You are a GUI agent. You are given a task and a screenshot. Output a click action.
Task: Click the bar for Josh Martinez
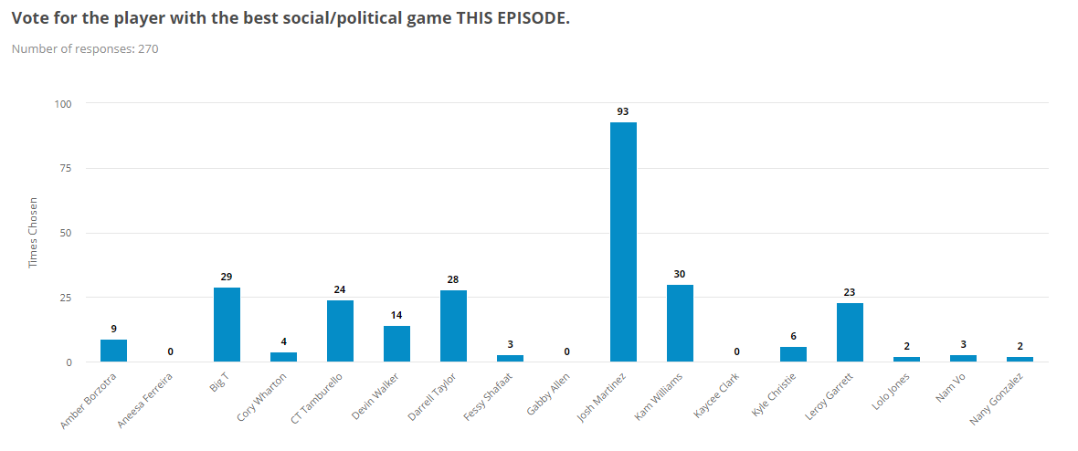(623, 242)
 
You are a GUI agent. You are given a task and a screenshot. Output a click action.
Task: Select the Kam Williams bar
(680, 323)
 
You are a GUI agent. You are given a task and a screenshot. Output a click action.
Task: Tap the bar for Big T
(227, 325)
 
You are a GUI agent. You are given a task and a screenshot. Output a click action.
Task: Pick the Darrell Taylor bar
(453, 326)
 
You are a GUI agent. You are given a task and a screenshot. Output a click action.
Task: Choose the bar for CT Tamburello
(340, 331)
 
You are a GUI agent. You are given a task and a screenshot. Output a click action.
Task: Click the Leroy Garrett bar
(850, 332)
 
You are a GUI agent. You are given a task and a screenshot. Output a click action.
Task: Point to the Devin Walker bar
(396, 344)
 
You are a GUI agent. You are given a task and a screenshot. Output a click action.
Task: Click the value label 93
(623, 111)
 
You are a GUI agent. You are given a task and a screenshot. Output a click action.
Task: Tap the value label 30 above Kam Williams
(680, 274)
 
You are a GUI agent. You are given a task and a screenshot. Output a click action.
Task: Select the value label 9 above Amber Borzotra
(113, 329)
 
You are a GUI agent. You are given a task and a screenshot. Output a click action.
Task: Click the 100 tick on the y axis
(64, 103)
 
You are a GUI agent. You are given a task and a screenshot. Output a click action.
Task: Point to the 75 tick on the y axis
(67, 168)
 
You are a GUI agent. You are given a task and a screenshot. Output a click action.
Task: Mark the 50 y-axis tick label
(67, 233)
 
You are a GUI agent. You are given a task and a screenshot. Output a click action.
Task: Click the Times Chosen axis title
(34, 232)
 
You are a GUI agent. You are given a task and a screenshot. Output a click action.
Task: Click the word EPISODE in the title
(530, 18)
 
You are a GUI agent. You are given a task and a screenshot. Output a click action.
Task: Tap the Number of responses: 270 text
(85, 48)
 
